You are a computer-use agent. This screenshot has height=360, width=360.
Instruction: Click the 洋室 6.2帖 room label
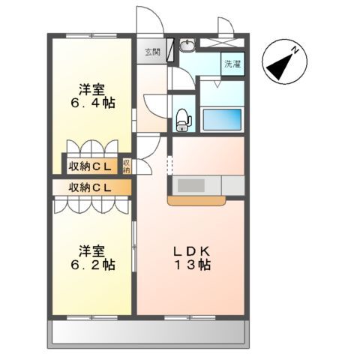point(94,257)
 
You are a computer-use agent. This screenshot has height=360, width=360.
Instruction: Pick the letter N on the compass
point(297,49)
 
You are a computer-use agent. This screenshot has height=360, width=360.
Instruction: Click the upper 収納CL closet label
point(89,165)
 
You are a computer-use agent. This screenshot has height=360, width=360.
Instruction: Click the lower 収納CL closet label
point(89,187)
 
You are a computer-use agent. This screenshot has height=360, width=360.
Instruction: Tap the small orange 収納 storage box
point(127,165)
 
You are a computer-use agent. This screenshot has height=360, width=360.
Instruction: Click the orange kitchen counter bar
point(197,201)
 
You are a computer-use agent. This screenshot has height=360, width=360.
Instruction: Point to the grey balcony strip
point(150,331)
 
